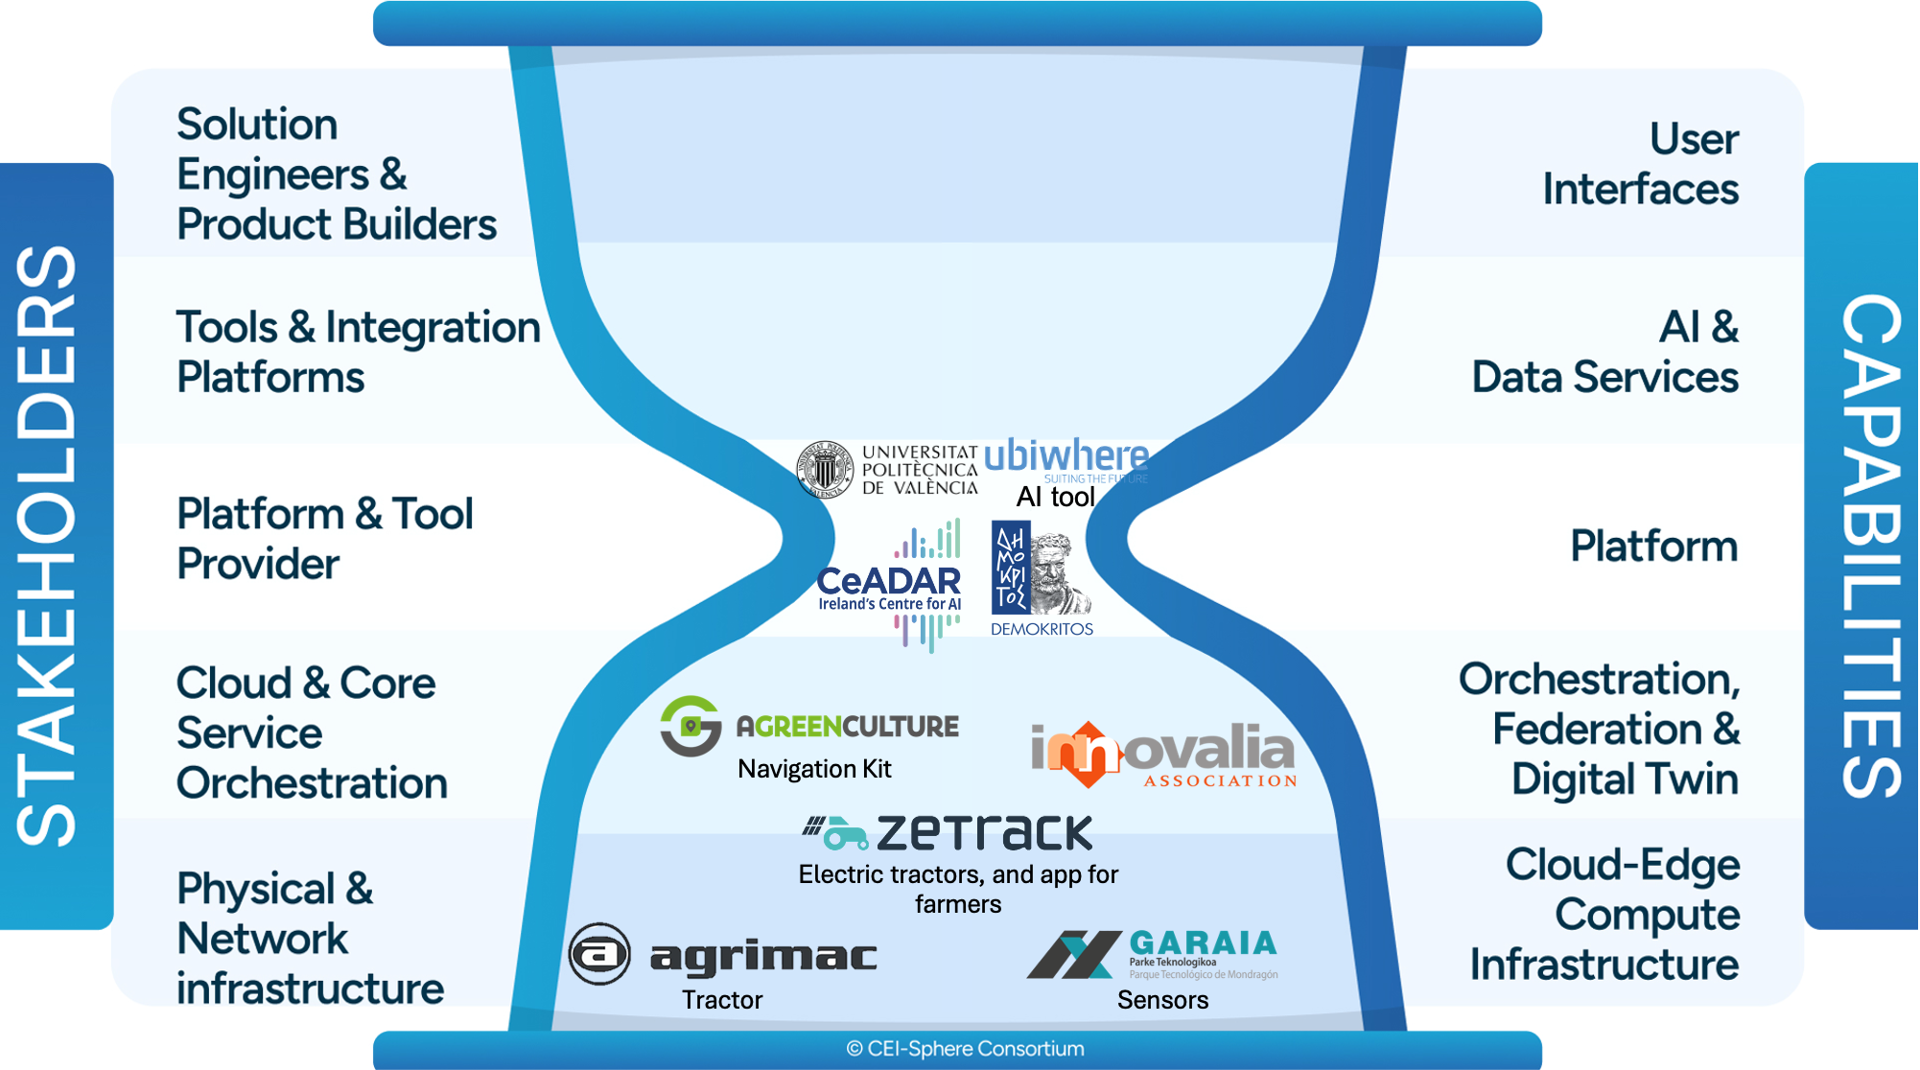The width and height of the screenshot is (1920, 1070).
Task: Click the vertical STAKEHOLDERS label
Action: click(x=48, y=546)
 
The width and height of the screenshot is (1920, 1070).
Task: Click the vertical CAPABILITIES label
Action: click(x=1869, y=546)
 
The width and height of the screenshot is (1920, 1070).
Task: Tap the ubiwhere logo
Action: click(x=1065, y=457)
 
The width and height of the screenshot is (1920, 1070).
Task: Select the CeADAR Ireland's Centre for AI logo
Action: click(x=889, y=586)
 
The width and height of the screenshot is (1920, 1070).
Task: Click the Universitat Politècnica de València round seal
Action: click(x=825, y=470)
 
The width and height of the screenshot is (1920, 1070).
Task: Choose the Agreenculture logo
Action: click(x=809, y=726)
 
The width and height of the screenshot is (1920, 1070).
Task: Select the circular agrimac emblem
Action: click(x=599, y=954)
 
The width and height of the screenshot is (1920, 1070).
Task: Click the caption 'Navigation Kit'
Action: click(x=814, y=769)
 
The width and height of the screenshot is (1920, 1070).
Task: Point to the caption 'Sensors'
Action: click(x=1162, y=1000)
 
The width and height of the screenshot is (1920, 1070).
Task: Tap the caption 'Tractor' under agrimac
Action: click(x=722, y=1000)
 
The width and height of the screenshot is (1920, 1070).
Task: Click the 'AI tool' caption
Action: click(x=1055, y=497)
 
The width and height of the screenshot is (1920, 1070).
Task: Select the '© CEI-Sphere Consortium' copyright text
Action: click(x=965, y=1049)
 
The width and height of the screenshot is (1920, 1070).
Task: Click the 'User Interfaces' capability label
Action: click(x=1640, y=164)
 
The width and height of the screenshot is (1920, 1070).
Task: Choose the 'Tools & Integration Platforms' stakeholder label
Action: click(x=358, y=352)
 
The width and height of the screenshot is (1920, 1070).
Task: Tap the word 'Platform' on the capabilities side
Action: click(x=1653, y=546)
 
